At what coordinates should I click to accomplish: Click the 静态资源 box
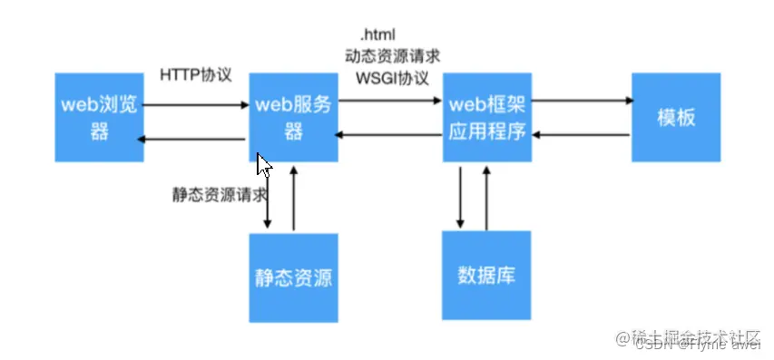[292, 277]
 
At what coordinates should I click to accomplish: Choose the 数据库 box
[487, 276]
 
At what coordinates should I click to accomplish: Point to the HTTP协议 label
[195, 74]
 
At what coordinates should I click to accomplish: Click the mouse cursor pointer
[263, 164]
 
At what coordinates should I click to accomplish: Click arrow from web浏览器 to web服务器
[196, 105]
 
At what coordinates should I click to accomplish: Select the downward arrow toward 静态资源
[269, 199]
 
